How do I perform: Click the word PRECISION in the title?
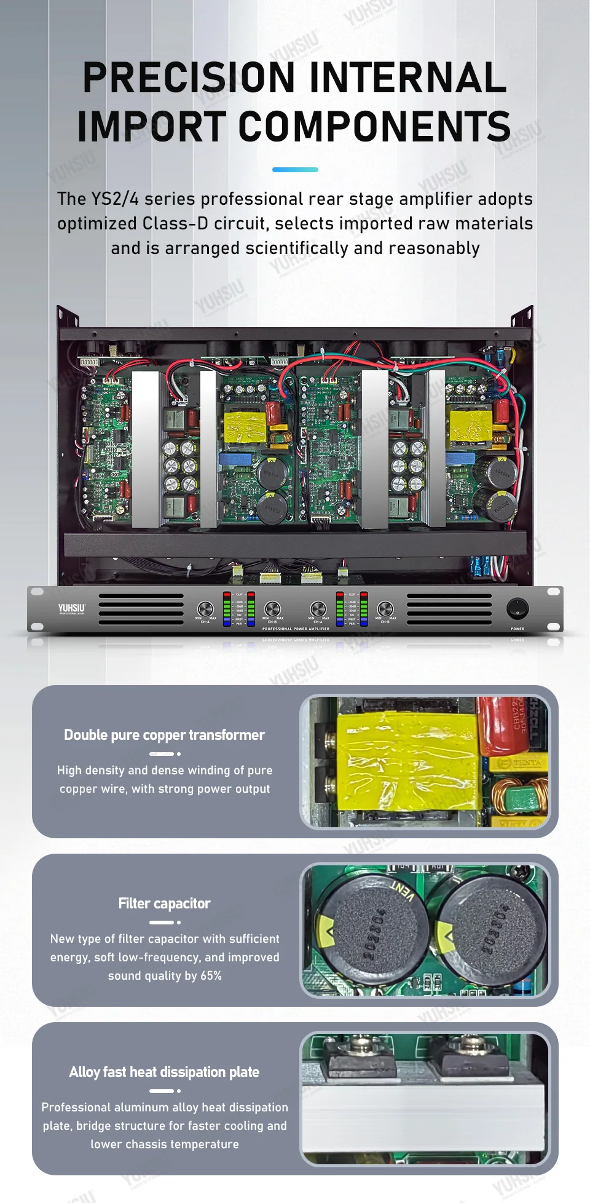click(x=189, y=77)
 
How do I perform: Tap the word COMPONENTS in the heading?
click(x=374, y=127)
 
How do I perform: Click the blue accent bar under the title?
click(x=295, y=169)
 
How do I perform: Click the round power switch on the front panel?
click(x=517, y=608)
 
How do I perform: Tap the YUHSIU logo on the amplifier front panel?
click(x=72, y=608)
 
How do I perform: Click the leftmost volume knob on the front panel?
click(x=205, y=608)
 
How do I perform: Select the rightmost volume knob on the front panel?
click(x=385, y=608)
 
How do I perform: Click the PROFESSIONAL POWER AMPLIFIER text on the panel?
click(x=296, y=629)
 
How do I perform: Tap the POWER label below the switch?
click(x=517, y=629)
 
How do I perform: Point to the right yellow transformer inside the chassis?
click(x=471, y=427)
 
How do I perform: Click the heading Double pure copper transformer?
click(x=164, y=735)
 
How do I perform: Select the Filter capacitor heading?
click(x=164, y=903)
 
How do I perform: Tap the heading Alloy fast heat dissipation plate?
click(x=164, y=1072)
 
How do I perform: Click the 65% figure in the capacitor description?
click(x=211, y=976)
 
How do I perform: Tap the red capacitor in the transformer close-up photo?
click(x=503, y=726)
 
